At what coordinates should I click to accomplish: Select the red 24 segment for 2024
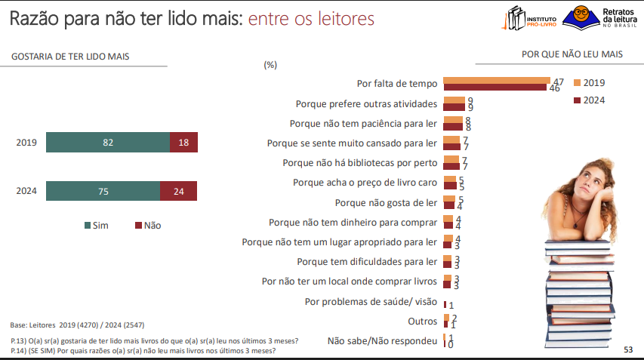tap(178, 191)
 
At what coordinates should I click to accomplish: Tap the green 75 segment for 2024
tap(103, 191)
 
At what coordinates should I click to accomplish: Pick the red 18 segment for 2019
tap(183, 142)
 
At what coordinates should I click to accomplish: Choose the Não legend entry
tap(148, 225)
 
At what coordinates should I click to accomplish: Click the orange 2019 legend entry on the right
tap(590, 82)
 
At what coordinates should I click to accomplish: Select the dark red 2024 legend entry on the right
tap(590, 100)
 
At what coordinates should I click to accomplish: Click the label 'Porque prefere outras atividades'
tap(366, 103)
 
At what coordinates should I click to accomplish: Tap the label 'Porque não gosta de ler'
tap(386, 203)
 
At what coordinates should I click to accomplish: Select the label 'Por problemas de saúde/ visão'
tap(371, 302)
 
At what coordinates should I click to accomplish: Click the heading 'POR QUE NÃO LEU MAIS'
tap(572, 54)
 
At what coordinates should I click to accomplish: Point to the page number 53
tap(628, 349)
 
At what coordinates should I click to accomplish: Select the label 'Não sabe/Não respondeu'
tap(382, 341)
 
